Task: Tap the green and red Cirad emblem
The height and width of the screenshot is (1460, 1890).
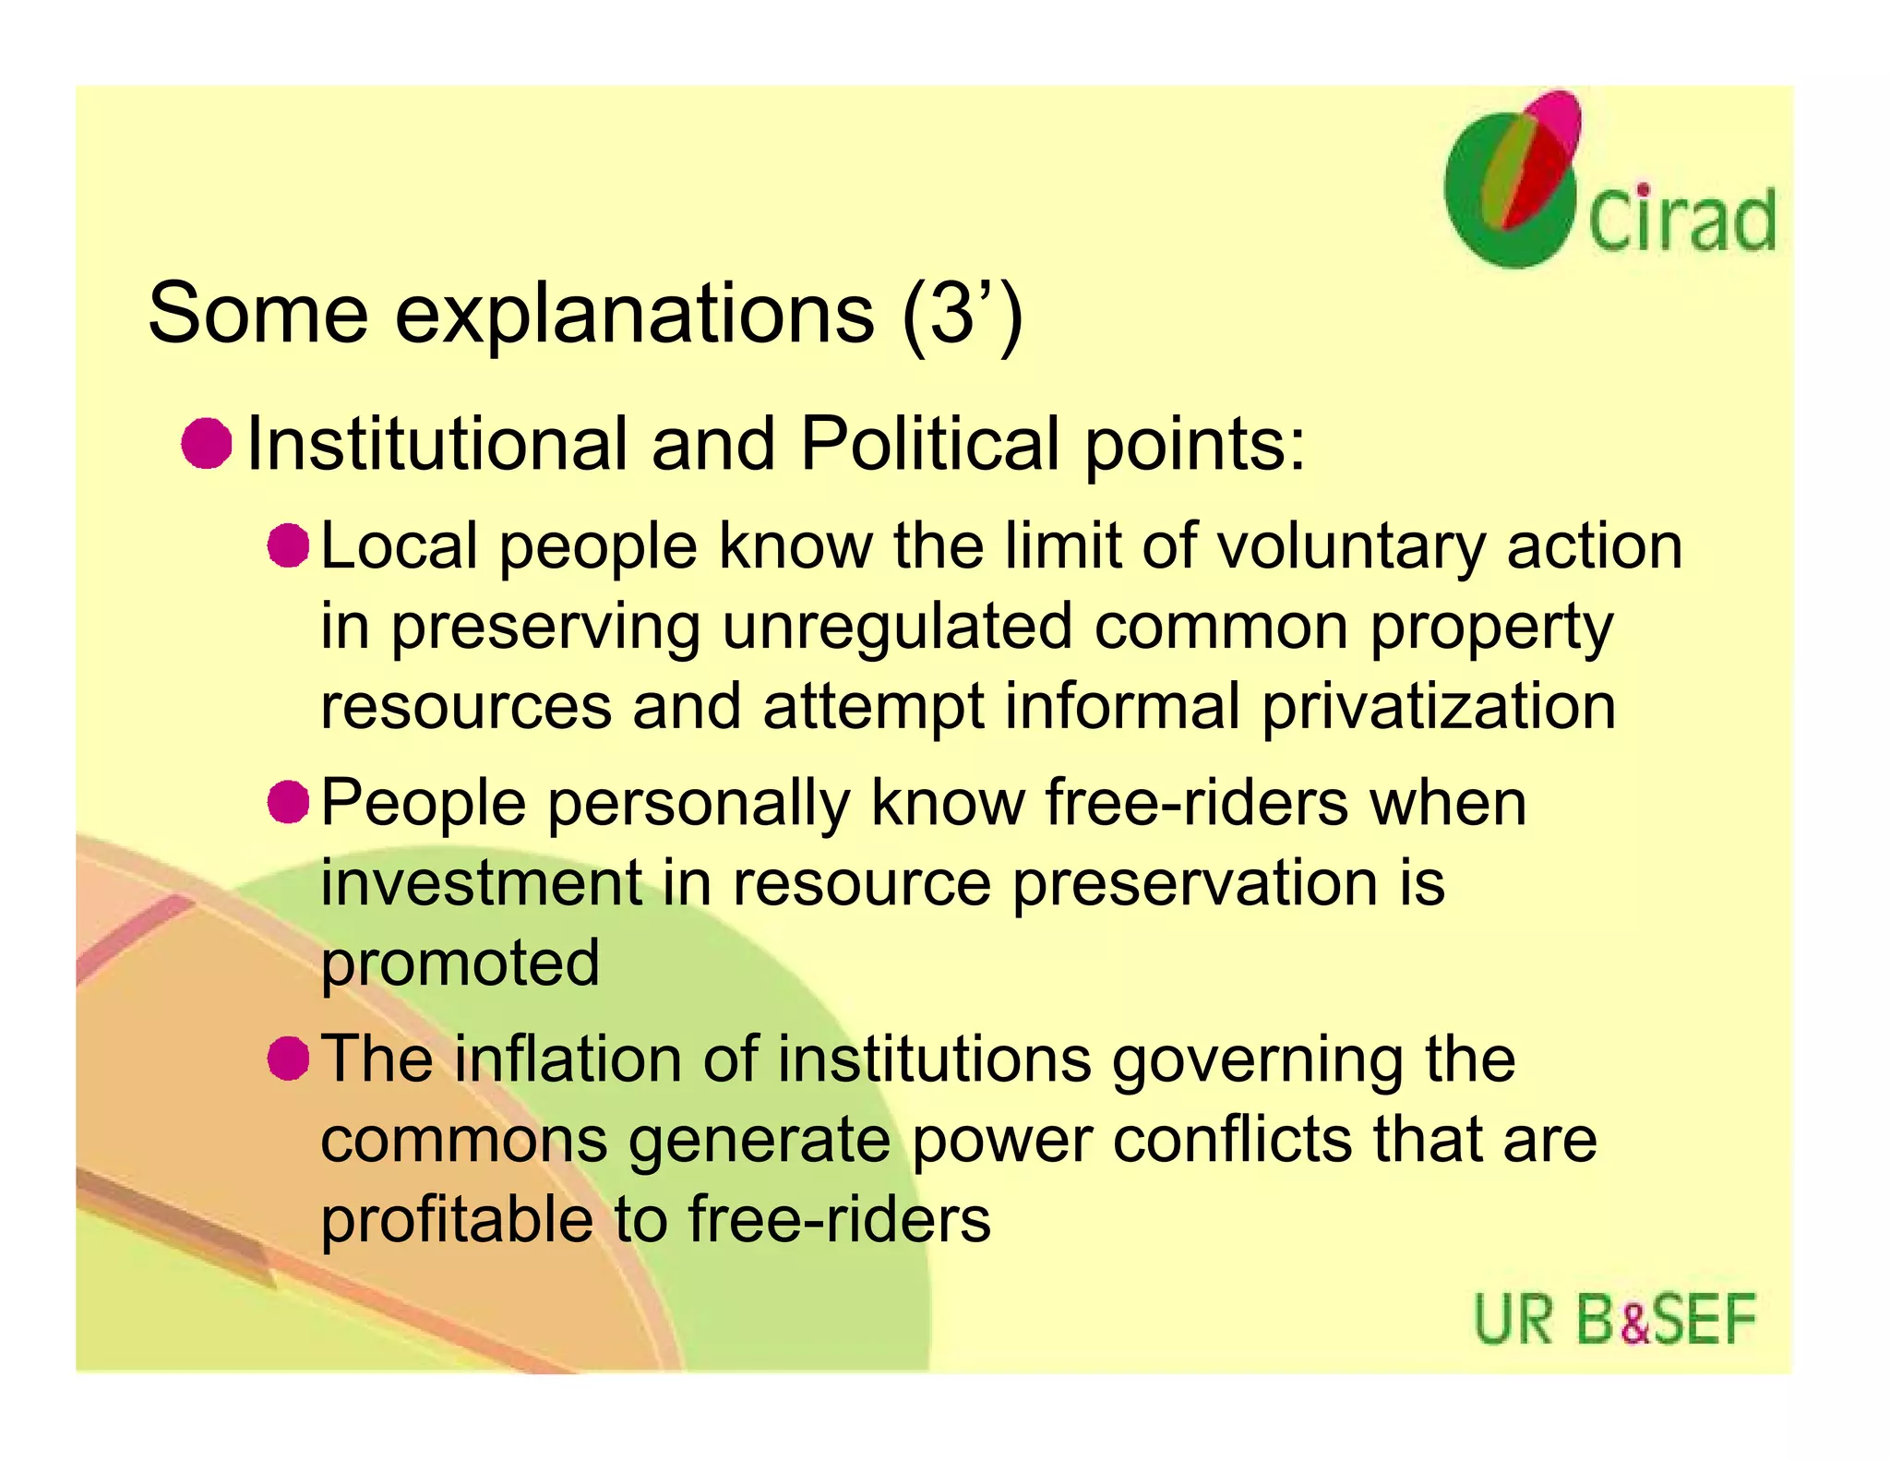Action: (1511, 180)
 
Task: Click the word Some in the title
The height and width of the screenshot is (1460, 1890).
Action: (257, 314)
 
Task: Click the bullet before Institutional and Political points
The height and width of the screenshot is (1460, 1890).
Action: (206, 444)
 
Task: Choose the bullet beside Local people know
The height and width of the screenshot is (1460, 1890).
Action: (288, 545)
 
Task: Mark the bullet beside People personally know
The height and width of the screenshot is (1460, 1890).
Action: (288, 801)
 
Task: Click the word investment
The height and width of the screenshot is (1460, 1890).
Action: (481, 882)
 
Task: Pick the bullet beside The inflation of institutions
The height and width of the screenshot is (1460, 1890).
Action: (288, 1058)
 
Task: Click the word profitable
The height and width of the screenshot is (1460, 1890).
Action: (457, 1220)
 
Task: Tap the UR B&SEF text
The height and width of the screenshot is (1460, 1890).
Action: (1614, 1320)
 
